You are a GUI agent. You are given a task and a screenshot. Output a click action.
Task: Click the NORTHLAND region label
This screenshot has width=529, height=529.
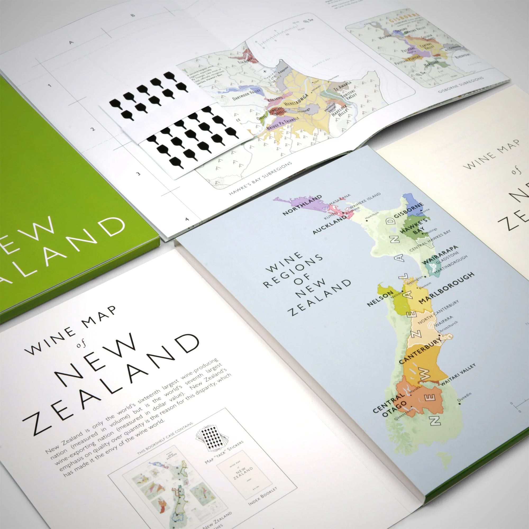[x=302, y=205]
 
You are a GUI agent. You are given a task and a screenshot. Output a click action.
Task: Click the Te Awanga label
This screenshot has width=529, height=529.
[x=340, y=86]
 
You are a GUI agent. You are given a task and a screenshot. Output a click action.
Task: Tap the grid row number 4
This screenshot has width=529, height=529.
[x=187, y=219]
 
